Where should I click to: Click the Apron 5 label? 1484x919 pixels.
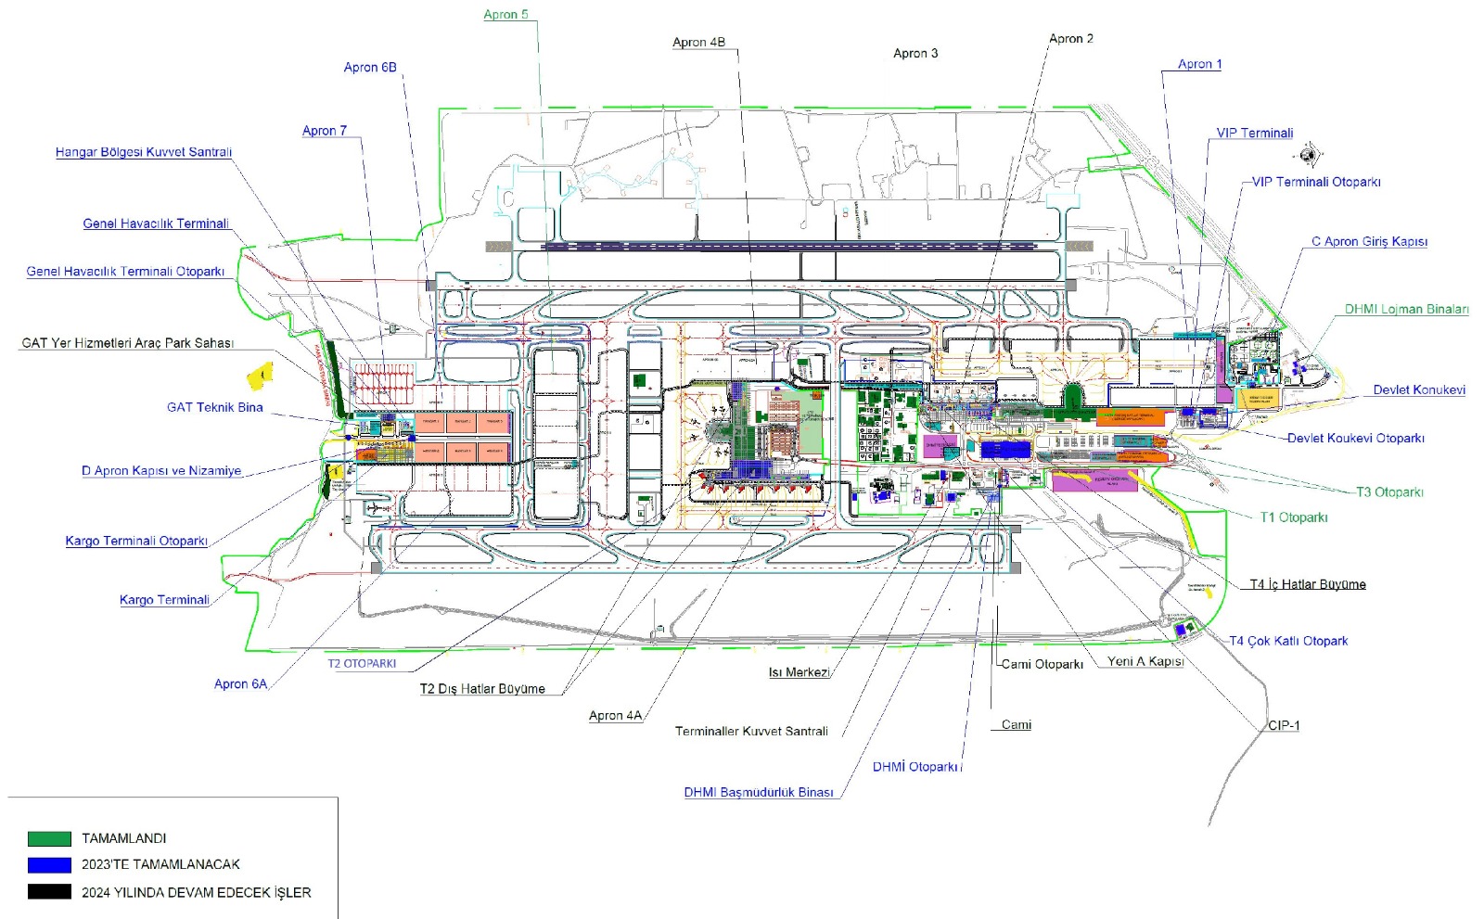point(505,15)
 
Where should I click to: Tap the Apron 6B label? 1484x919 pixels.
point(369,68)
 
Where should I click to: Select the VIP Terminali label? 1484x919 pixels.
point(1254,134)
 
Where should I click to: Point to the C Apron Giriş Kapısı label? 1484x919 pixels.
point(1368,242)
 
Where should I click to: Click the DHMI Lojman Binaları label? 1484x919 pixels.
point(1406,310)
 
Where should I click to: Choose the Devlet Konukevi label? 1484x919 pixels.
point(1418,390)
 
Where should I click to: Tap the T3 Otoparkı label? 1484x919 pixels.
point(1388,492)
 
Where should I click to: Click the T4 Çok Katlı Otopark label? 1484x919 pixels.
point(1288,642)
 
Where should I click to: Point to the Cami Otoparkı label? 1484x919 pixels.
point(1042,665)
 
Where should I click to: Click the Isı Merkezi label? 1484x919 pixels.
point(799,672)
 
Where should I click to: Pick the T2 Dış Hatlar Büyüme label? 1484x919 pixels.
point(482,689)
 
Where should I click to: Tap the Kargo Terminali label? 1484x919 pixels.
point(164,600)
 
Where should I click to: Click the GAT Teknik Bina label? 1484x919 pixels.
point(214,407)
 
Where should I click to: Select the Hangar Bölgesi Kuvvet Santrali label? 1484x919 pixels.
point(144,152)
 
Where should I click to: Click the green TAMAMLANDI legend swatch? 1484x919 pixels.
point(49,838)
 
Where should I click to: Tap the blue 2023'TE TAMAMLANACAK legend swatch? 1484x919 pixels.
point(49,864)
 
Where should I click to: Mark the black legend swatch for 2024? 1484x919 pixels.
point(49,892)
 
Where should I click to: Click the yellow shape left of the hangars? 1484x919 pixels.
point(261,376)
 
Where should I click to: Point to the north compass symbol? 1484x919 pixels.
point(1309,154)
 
